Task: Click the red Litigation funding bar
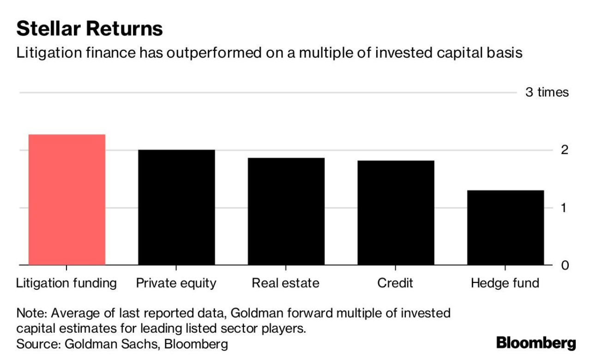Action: click(x=67, y=200)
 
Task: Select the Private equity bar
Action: click(x=176, y=208)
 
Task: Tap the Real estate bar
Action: click(x=286, y=211)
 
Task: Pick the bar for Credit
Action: click(x=395, y=213)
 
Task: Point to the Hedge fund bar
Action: click(x=505, y=228)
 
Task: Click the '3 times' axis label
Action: click(x=547, y=92)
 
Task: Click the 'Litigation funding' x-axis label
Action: click(x=66, y=283)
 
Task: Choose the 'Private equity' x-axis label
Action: click(x=176, y=283)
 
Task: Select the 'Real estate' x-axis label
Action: click(x=285, y=283)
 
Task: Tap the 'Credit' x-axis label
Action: click(x=395, y=283)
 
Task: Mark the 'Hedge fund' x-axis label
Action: click(x=505, y=283)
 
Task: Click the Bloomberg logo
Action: click(x=536, y=343)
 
